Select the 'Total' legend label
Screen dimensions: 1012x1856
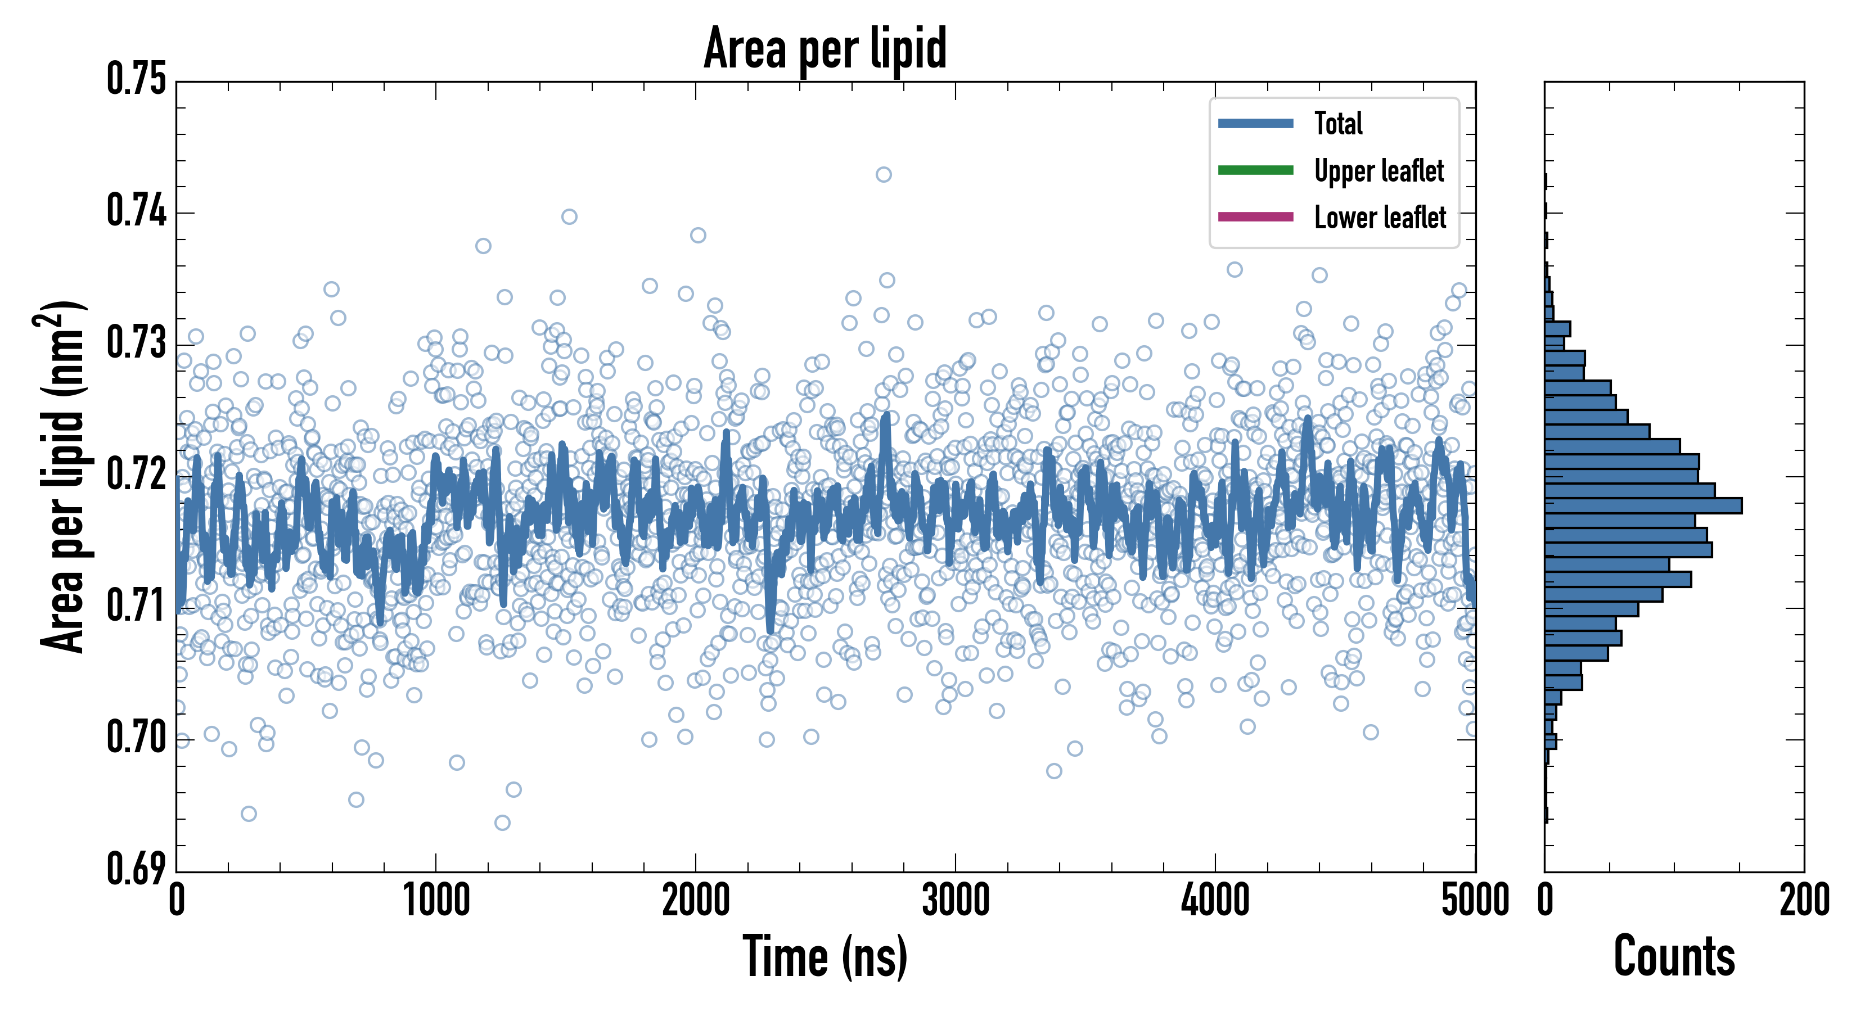pos(1338,123)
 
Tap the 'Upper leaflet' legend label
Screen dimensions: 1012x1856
pos(1379,171)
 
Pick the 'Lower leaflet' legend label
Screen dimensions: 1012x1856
pos(1380,217)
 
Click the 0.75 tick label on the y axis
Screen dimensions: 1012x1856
pos(136,79)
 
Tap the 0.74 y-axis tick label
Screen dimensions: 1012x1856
pos(136,212)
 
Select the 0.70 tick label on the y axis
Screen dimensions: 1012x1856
pos(136,738)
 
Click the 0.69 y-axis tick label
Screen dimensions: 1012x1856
pos(136,869)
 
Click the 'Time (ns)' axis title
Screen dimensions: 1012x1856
pos(825,956)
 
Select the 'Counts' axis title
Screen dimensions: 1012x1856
pos(1674,956)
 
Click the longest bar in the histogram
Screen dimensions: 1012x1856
pos(1643,505)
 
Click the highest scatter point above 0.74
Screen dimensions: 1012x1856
pos(884,174)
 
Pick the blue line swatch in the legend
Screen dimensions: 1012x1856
pos(1255,123)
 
